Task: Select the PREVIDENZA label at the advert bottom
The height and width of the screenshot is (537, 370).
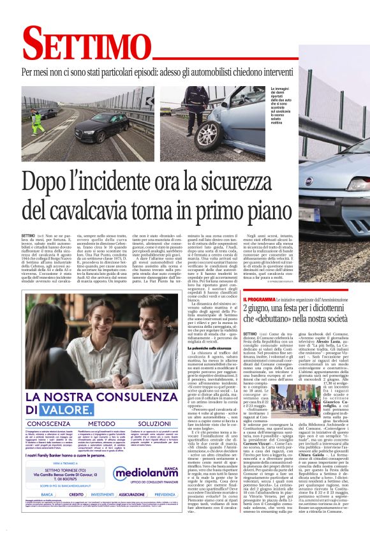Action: click(164, 494)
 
